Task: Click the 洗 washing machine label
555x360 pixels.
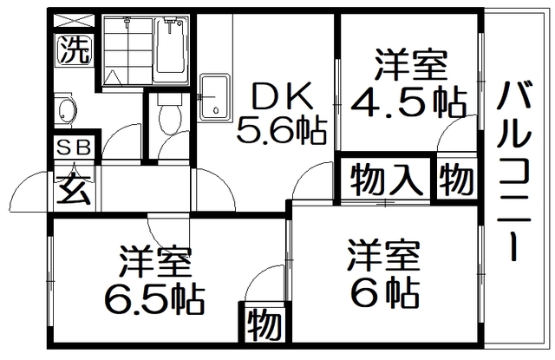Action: (73, 51)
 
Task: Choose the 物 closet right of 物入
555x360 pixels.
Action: (456, 180)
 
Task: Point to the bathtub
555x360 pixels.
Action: (173, 49)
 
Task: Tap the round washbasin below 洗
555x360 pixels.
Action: (67, 110)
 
